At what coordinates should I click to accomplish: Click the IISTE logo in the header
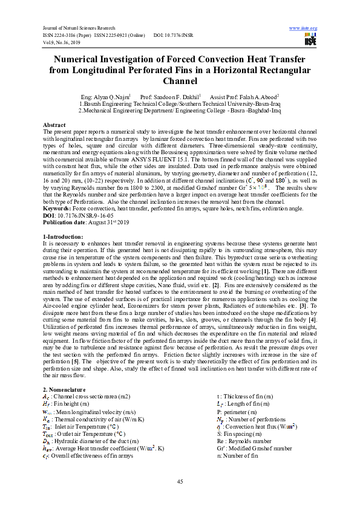click(311, 39)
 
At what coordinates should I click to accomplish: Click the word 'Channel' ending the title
click(180, 80)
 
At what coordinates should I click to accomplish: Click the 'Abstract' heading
click(55, 124)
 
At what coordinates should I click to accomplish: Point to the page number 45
click(180, 481)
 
